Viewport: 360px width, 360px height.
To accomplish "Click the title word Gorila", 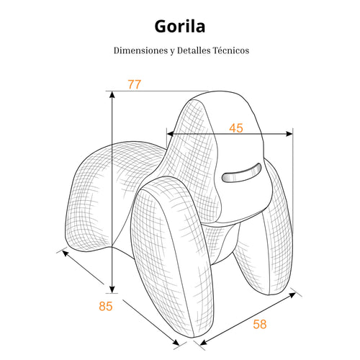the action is point(180,26).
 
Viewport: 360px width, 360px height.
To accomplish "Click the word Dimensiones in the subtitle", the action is point(141,50).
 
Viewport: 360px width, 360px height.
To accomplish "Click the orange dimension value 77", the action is point(134,84).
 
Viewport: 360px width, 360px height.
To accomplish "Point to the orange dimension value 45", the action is point(236,128).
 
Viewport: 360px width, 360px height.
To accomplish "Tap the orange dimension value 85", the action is point(106,306).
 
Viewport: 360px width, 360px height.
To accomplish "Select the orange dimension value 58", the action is point(260,324).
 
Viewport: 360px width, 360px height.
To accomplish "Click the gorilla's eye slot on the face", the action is point(241,172).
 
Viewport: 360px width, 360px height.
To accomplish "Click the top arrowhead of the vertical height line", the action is point(112,95).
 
